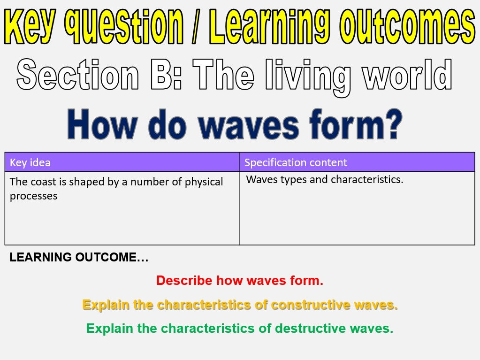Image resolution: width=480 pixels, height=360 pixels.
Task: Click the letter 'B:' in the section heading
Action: [167, 74]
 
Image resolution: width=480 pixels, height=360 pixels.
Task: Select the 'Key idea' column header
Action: [30, 162]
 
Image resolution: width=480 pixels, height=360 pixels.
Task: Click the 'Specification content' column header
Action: [296, 162]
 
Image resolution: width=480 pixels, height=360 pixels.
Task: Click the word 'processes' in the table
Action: [33, 196]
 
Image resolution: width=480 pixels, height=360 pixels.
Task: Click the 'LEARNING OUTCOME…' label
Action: [79, 257]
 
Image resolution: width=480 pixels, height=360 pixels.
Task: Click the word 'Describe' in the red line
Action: [184, 280]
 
